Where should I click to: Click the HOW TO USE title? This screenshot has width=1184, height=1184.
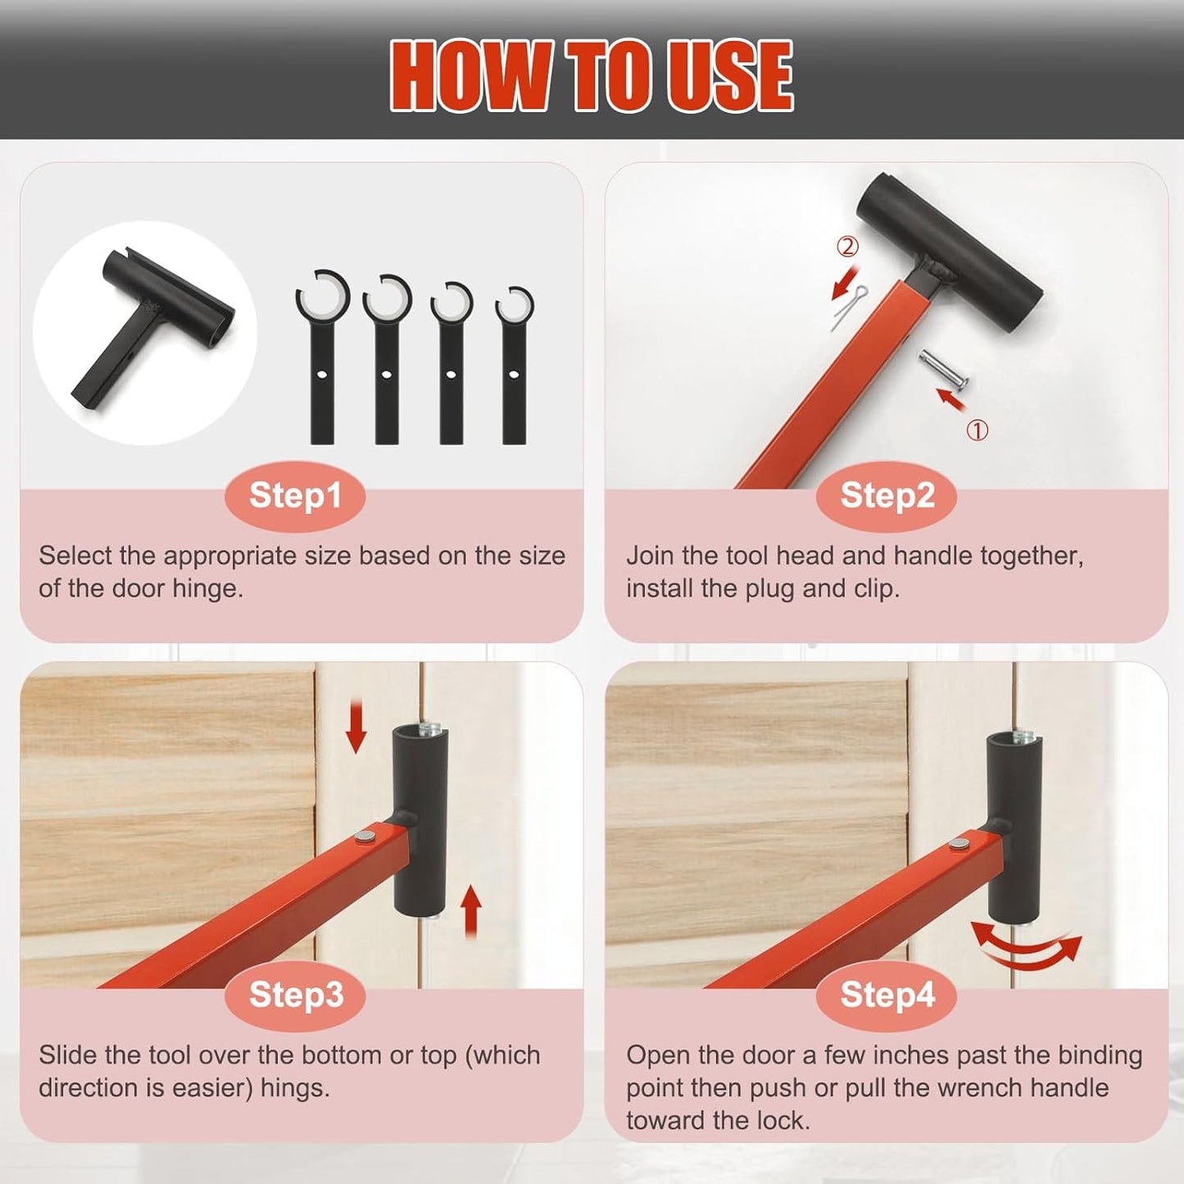(x=592, y=75)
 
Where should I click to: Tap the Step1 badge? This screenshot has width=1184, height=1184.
(x=295, y=496)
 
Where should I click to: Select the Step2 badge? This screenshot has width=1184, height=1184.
(x=887, y=496)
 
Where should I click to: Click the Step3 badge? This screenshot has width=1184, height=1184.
(x=295, y=995)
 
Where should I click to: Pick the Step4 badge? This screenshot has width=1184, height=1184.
(x=887, y=995)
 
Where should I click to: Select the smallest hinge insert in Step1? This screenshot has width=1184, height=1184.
(x=514, y=364)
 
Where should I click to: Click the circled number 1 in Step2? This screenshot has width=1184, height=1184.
(x=977, y=430)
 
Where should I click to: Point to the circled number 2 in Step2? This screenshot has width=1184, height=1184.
(x=847, y=246)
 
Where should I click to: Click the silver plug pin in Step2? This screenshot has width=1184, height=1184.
(x=942, y=368)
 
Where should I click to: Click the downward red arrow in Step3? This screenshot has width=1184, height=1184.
(x=356, y=726)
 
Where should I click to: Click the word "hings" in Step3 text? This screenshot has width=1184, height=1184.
(x=294, y=1088)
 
